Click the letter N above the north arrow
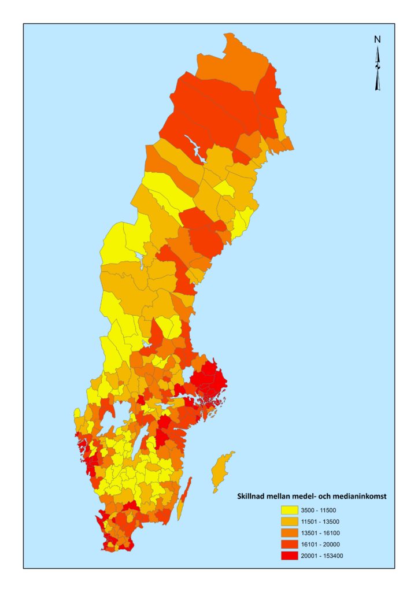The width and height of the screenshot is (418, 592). click(377, 39)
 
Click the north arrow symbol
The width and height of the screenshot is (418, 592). click(378, 69)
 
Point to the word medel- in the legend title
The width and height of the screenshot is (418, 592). click(304, 495)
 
